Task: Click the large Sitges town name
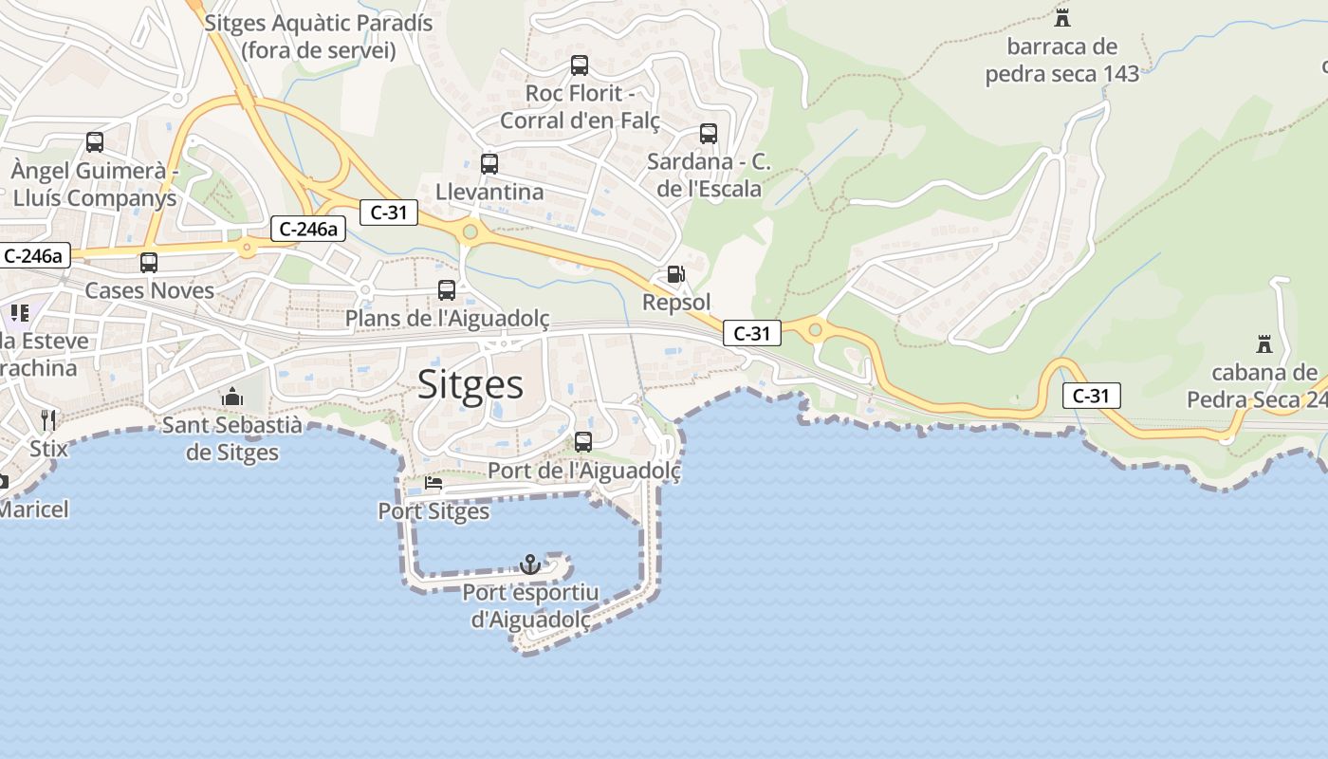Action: click(470, 385)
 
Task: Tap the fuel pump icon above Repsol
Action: click(675, 275)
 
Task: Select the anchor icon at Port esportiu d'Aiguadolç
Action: click(530, 565)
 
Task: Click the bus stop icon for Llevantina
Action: click(489, 164)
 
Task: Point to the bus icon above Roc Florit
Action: click(580, 65)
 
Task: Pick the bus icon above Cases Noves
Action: click(149, 263)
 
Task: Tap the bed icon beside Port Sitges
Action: click(433, 483)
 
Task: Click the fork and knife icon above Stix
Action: click(48, 419)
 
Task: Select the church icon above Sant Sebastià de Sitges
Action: click(232, 397)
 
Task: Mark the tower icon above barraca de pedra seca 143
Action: click(1062, 17)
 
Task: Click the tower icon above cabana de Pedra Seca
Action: click(1263, 343)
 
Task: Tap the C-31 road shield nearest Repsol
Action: click(752, 333)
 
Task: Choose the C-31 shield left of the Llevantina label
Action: click(389, 213)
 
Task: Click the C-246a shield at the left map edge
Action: click(34, 255)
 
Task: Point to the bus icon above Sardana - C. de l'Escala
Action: click(709, 134)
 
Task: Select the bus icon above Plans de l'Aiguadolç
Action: click(447, 290)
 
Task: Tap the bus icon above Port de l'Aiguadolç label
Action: click(583, 442)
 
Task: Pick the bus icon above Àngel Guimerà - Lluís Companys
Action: click(95, 142)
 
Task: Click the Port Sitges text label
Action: click(433, 511)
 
